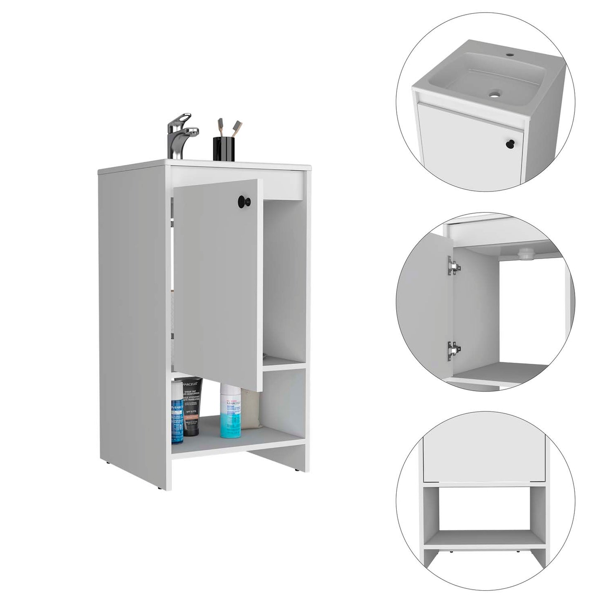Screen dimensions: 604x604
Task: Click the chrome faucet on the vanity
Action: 180,140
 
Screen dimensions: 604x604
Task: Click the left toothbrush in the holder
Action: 219,127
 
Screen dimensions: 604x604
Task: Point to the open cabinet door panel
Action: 217,284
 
